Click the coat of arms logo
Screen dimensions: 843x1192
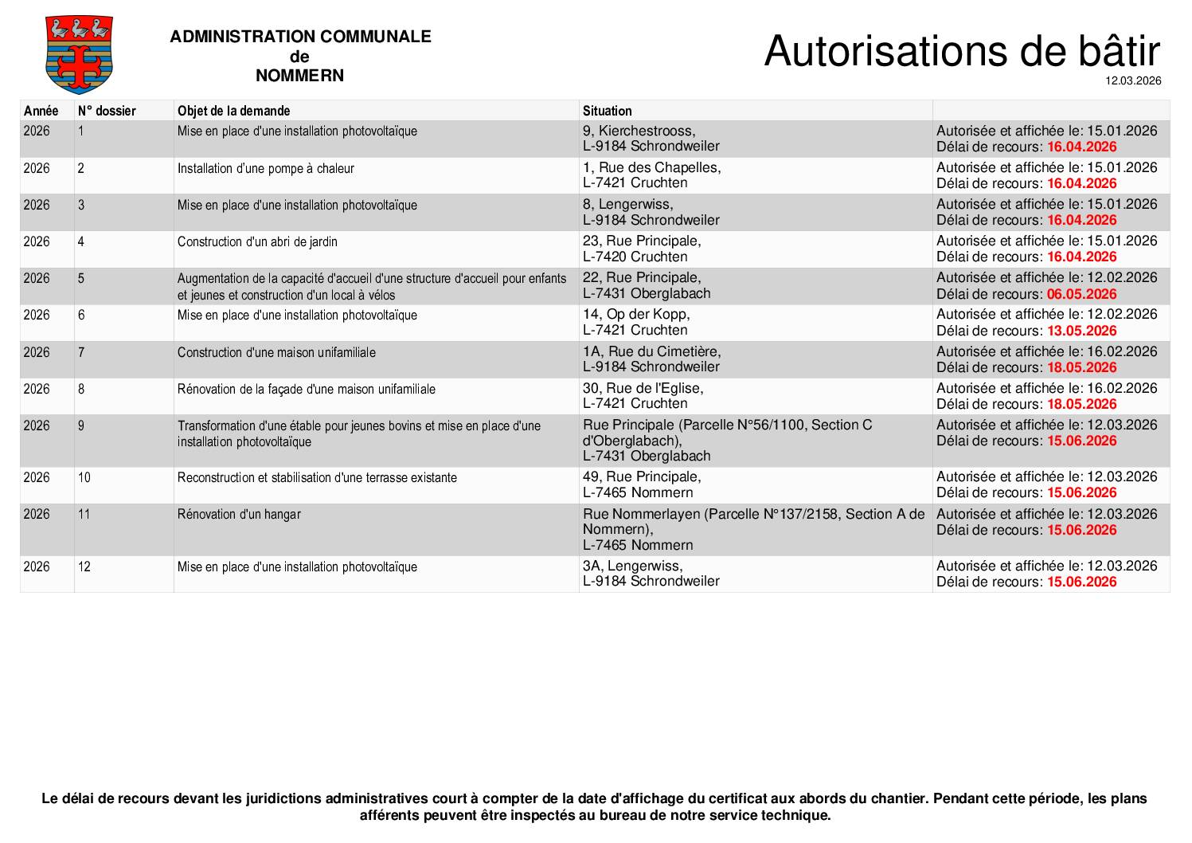tap(79, 55)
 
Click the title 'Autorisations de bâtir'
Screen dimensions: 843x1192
tap(961, 51)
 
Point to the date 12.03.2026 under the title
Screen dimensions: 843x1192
tap(1132, 80)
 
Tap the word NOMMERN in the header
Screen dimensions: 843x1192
tap(299, 76)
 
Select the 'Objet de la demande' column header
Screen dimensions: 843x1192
tap(233, 111)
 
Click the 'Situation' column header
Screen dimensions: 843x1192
tap(607, 111)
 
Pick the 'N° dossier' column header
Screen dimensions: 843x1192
tap(107, 111)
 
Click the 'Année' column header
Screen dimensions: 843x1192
tap(41, 111)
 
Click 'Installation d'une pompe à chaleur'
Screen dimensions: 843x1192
tap(265, 168)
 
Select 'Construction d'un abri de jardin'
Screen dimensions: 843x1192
tap(257, 241)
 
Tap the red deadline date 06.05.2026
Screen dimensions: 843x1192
tap(1081, 294)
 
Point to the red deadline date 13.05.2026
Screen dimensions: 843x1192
tap(1081, 331)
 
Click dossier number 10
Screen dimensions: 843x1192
tap(84, 477)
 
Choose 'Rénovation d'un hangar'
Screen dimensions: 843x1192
tap(239, 514)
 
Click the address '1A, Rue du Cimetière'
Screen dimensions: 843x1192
tap(651, 351)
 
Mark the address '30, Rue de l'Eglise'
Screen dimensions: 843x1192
tap(643, 388)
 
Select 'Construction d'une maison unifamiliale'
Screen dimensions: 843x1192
tap(276, 352)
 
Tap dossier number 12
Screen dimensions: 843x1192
tap(84, 567)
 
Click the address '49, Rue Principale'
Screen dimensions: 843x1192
tap(642, 476)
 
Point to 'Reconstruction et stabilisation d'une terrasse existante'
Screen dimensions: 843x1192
tap(317, 477)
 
